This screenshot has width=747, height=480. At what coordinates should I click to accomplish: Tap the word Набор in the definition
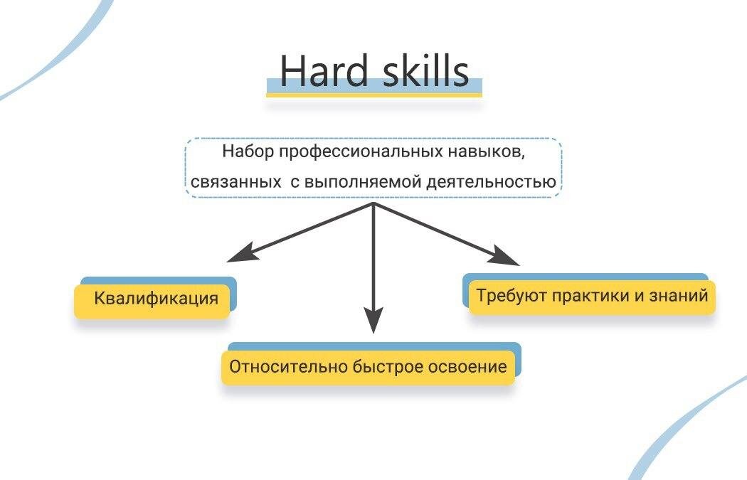click(x=248, y=151)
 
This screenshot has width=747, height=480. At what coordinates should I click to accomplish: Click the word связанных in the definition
click(x=235, y=182)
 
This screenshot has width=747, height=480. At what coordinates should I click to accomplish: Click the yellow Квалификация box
click(x=156, y=298)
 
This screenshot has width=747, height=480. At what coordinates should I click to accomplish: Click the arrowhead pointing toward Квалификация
click(x=239, y=252)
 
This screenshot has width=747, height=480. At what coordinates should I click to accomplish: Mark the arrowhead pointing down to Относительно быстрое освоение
click(x=374, y=321)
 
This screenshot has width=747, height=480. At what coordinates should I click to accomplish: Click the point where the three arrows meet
click(x=374, y=203)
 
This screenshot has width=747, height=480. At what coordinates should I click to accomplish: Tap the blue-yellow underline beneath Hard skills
click(x=374, y=88)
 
